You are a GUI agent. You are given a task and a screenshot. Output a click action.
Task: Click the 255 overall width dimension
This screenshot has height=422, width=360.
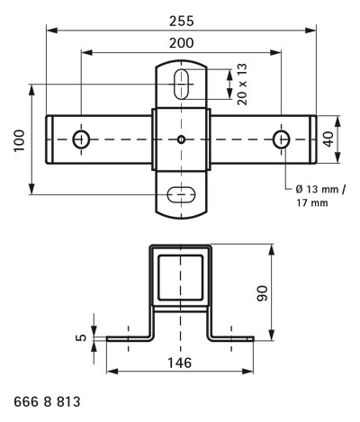coord(182,22)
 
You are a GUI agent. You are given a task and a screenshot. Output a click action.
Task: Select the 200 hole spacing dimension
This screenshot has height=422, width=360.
coord(182,43)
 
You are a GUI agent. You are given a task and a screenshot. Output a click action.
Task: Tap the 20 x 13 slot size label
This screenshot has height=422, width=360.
coord(242,84)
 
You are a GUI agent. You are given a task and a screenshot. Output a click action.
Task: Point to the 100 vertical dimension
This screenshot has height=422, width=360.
coord(20,140)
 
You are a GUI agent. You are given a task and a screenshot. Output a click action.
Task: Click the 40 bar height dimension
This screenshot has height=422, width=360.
coord(329,139)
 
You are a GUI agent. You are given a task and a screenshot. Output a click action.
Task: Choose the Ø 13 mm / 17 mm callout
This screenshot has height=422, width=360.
coord(320,196)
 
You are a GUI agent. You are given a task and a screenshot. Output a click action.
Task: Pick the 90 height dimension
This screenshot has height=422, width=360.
coord(263,293)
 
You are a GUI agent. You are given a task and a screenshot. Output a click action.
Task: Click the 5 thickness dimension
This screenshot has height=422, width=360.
coord(81,337)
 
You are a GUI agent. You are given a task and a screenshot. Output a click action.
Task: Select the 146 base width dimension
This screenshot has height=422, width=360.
coord(179,363)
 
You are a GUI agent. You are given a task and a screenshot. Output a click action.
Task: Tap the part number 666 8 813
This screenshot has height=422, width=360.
coord(47,402)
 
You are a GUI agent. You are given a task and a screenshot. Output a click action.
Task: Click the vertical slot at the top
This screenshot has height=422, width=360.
coord(181,84)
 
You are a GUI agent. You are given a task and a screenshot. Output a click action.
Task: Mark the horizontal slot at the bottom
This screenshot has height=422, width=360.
coord(181,195)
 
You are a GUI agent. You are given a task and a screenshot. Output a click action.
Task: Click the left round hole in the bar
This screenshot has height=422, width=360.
coord(81,139)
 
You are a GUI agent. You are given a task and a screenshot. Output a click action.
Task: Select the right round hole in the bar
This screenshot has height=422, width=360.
coord(281,139)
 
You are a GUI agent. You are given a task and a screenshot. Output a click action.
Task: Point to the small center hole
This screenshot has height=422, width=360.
coord(181,139)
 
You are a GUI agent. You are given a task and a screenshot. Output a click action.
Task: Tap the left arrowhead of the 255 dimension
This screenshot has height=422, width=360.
coord(52,30)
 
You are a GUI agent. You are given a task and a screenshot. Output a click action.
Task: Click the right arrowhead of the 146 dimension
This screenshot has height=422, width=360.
coord(247,372)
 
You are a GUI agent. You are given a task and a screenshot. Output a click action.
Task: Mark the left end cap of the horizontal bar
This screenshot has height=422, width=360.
coord(49,139)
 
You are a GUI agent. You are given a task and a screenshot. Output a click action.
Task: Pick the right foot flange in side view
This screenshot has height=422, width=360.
coord(231,338)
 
